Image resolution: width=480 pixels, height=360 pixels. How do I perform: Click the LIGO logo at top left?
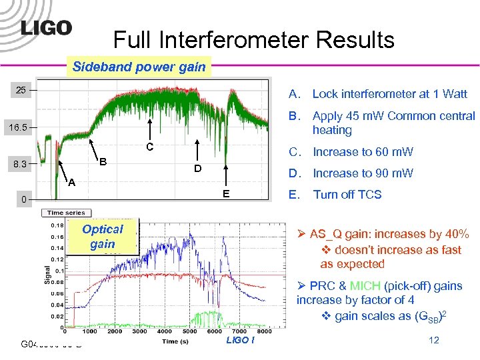pos(46,28)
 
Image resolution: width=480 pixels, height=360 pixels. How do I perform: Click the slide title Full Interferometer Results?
pos(254,39)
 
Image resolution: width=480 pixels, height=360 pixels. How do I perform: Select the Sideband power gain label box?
pos(139,67)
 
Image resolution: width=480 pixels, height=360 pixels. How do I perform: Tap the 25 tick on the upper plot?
pos(22,89)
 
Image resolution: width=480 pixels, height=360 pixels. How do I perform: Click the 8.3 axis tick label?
pos(22,163)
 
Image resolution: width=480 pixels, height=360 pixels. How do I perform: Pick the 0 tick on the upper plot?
pos(23,199)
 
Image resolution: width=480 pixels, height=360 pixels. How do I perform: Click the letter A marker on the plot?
pos(71,182)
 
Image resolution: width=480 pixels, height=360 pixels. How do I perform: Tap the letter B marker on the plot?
pos(103,162)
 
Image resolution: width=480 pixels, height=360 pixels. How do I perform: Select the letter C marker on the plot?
pos(150,147)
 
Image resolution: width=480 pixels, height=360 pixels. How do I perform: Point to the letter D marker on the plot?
pos(198,169)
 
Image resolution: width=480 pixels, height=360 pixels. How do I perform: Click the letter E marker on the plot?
pos(227,194)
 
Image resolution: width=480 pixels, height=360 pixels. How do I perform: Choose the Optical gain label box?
pos(103,236)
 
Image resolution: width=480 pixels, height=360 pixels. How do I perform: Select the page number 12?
pos(435,341)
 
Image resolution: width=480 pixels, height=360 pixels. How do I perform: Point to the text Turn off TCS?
pos(347,195)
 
